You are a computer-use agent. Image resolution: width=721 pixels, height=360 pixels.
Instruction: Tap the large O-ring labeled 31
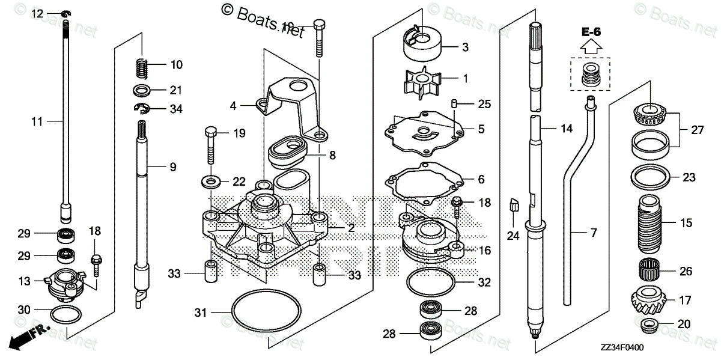click(266, 313)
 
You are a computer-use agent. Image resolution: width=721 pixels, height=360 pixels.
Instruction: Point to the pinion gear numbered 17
click(651, 299)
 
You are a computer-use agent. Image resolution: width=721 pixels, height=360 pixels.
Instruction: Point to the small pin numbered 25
click(455, 104)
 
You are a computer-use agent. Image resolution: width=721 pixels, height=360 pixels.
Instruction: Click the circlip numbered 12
click(67, 13)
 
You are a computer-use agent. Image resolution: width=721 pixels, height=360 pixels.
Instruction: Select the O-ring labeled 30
click(66, 314)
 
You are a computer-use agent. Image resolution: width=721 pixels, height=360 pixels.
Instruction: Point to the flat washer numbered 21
click(142, 91)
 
